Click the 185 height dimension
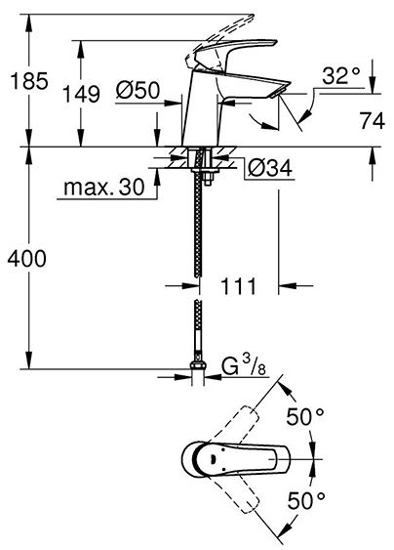pyautogui.click(x=29, y=81)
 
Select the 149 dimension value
pyautogui.click(x=81, y=94)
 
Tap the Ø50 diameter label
pyautogui.click(x=138, y=90)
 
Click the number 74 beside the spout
pyautogui.click(x=373, y=121)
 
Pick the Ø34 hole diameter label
pyautogui.click(x=270, y=168)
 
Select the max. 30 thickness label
pyautogui.click(x=104, y=187)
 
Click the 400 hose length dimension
pyautogui.click(x=27, y=259)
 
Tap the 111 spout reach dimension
pyautogui.click(x=239, y=286)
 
